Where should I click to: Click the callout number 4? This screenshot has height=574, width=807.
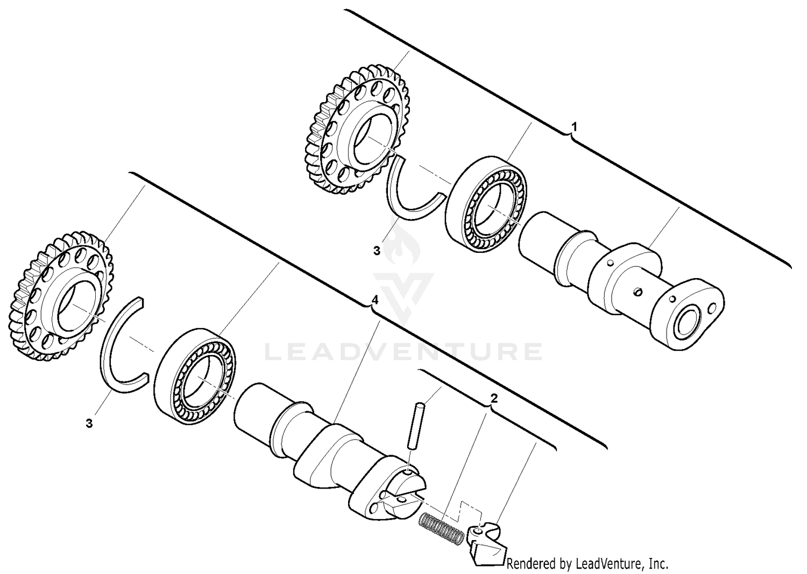pyautogui.click(x=375, y=300)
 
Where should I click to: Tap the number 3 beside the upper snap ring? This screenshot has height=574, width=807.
pyautogui.click(x=377, y=251)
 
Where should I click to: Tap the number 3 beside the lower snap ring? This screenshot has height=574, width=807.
pyautogui.click(x=89, y=423)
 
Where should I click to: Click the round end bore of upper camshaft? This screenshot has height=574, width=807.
pyautogui.click(x=688, y=324)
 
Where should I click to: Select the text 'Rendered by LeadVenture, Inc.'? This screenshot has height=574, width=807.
pyautogui.click(x=587, y=563)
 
